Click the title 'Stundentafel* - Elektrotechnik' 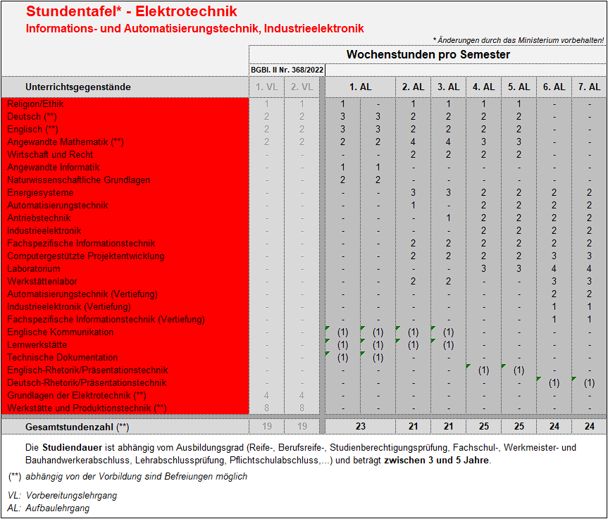[132, 12]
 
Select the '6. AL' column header [554, 87]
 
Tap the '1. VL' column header [266, 87]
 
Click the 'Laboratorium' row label [34, 268]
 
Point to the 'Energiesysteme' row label [40, 192]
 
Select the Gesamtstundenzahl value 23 [360, 426]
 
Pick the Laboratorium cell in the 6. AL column [554, 268]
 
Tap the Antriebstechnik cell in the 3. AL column [448, 218]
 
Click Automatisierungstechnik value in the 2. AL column [413, 205]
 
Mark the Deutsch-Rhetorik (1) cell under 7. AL [589, 382]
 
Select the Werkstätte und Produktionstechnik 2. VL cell [302, 408]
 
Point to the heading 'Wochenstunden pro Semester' [428, 54]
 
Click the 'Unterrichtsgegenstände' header [78, 87]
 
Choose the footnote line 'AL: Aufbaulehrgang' [49, 508]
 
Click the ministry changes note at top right [518, 40]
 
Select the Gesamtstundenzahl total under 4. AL [483, 426]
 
